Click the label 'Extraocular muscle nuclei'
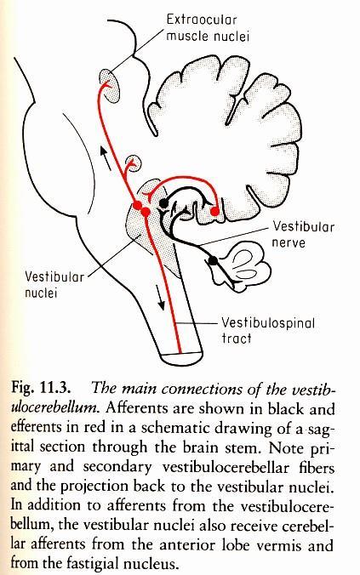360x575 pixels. [208, 28]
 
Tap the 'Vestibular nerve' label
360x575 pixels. [303, 234]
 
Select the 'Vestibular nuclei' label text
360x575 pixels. [54, 284]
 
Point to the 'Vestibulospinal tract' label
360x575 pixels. [268, 330]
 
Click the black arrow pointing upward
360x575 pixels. [106, 158]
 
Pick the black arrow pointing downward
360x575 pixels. [159, 297]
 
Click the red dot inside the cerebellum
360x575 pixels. [214, 211]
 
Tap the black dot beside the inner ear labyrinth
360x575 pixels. [213, 261]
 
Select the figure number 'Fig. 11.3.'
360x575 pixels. [41, 389]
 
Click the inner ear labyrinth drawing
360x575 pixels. [243, 266]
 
